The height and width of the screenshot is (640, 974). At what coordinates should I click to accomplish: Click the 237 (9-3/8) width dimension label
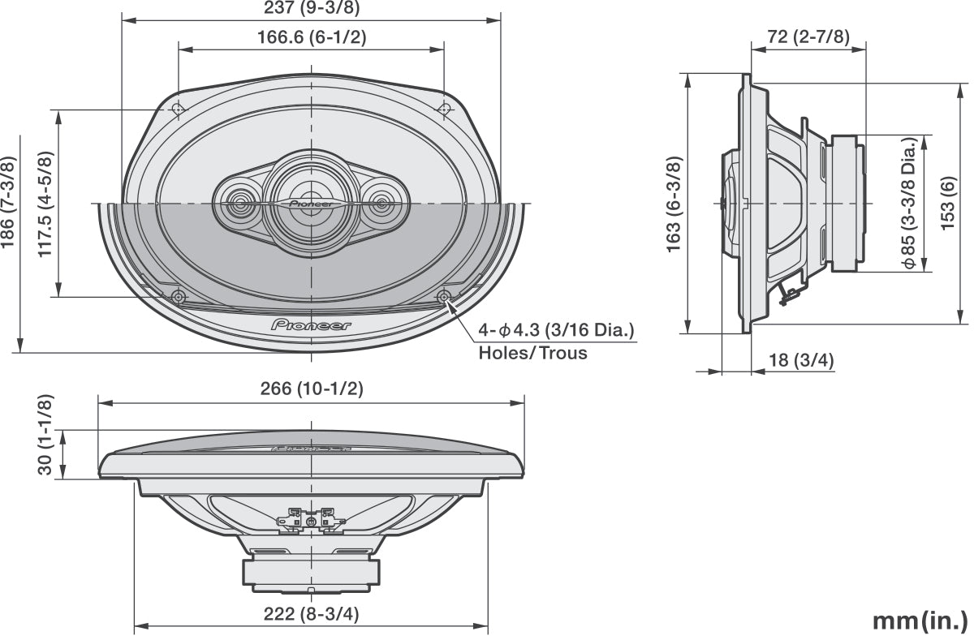312,9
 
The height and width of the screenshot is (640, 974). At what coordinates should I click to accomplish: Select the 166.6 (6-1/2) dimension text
312,37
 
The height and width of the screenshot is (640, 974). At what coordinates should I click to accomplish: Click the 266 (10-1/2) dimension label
312,389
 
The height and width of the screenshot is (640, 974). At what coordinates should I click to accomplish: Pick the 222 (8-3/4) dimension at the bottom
312,614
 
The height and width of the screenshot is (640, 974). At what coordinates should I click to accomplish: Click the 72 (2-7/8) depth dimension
808,37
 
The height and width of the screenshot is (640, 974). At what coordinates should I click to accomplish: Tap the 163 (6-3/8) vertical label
674,204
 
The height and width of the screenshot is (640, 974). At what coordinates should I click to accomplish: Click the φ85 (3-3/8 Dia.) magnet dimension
912,203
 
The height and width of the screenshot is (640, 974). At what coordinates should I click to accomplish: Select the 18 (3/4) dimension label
802,360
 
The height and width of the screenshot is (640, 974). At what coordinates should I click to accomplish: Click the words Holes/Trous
532,354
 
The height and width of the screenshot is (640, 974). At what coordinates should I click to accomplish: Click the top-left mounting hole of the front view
179,108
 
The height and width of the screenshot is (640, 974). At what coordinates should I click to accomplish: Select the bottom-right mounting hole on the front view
443,297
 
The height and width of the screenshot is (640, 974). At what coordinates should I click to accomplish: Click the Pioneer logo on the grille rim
311,325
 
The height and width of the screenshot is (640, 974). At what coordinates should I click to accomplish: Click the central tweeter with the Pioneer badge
310,201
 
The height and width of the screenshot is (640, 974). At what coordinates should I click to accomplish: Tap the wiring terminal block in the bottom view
312,519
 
